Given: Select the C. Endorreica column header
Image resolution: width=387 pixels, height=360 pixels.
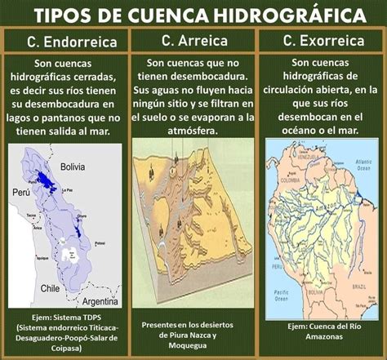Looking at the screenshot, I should pyautogui.click(x=67, y=42).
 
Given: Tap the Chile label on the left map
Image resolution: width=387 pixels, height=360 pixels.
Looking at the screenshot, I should pyautogui.click(x=51, y=288).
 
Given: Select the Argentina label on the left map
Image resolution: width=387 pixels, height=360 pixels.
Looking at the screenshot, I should pyautogui.click(x=96, y=301).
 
